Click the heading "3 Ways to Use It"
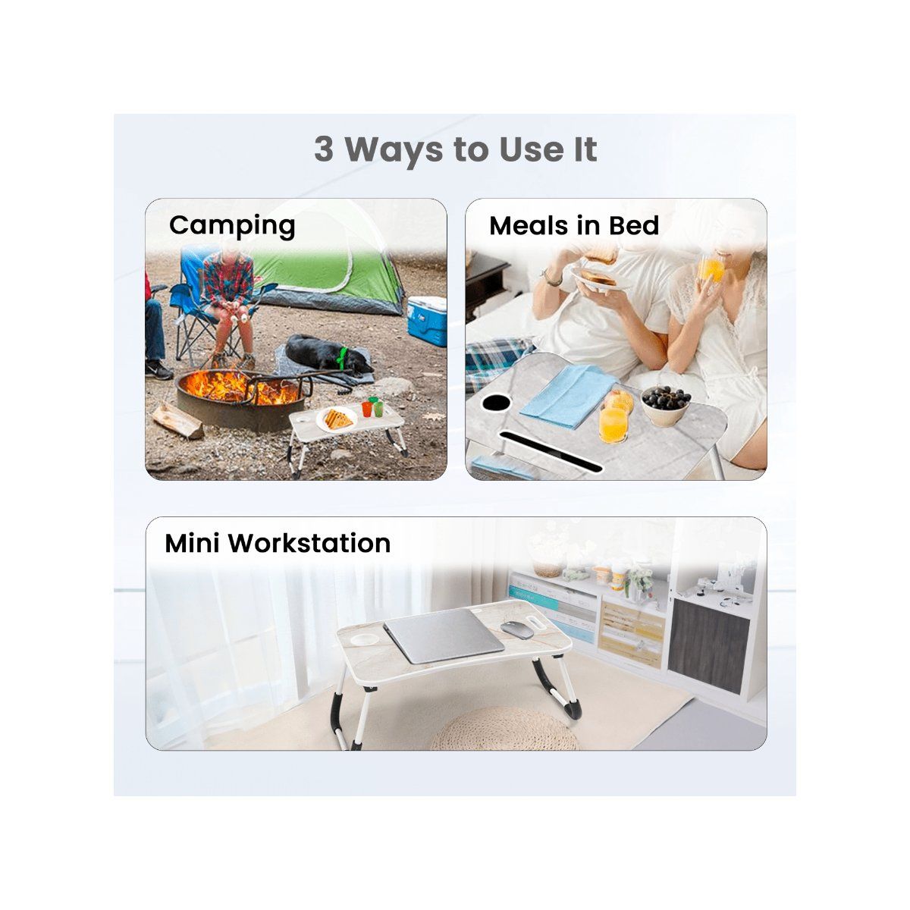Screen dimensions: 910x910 455,149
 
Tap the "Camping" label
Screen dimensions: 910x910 232,225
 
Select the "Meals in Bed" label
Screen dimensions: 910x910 574,225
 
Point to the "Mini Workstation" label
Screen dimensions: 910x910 278,543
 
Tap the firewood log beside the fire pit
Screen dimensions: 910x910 177,419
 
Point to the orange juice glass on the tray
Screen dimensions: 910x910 613,422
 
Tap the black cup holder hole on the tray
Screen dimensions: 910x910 497,402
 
